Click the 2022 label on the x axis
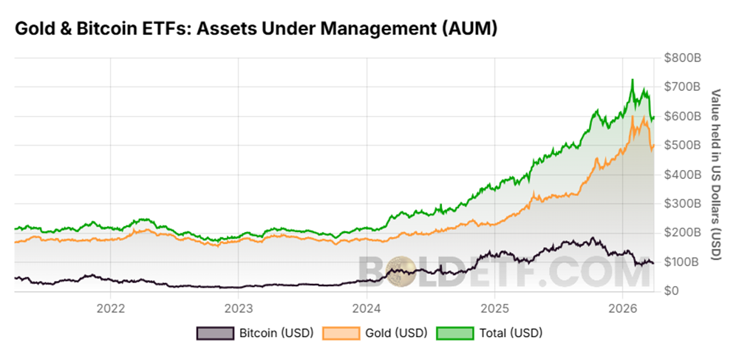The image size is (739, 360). pos(110,307)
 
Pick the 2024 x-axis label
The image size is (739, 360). pos(367,307)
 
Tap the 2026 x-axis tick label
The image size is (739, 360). pos(623,307)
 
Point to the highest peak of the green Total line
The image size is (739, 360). pos(633,80)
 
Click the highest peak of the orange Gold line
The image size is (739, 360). pos(633,117)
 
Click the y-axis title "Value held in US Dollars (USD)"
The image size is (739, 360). pos(715,174)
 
